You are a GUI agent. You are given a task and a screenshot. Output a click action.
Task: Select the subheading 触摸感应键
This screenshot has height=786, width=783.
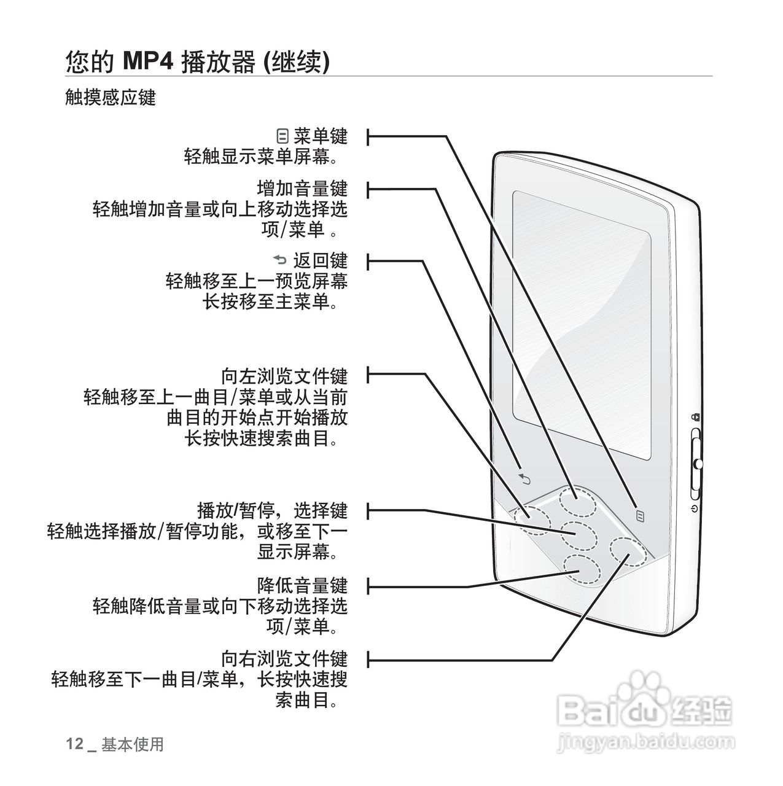[111, 97]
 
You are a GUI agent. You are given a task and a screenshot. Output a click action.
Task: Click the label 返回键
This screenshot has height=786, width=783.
[319, 260]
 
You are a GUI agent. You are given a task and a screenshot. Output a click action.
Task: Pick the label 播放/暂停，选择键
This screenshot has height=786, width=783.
[272, 510]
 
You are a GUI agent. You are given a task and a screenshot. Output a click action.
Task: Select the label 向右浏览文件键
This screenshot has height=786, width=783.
[284, 659]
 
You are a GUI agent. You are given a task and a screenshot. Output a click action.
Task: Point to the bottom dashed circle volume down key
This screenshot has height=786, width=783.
[582, 570]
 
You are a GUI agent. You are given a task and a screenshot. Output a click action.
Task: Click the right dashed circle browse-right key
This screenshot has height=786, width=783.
[628, 553]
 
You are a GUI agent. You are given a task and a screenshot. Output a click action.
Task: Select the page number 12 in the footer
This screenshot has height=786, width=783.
[74, 744]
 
